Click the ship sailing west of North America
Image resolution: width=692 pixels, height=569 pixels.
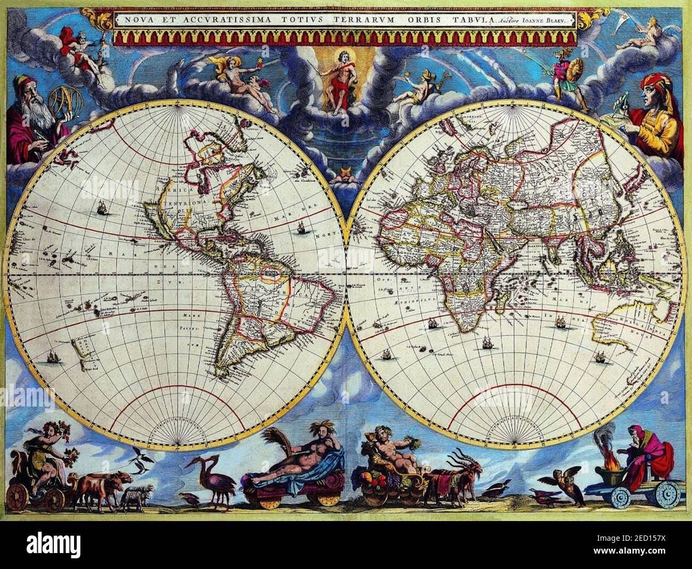pyautogui.click(x=101, y=208)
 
